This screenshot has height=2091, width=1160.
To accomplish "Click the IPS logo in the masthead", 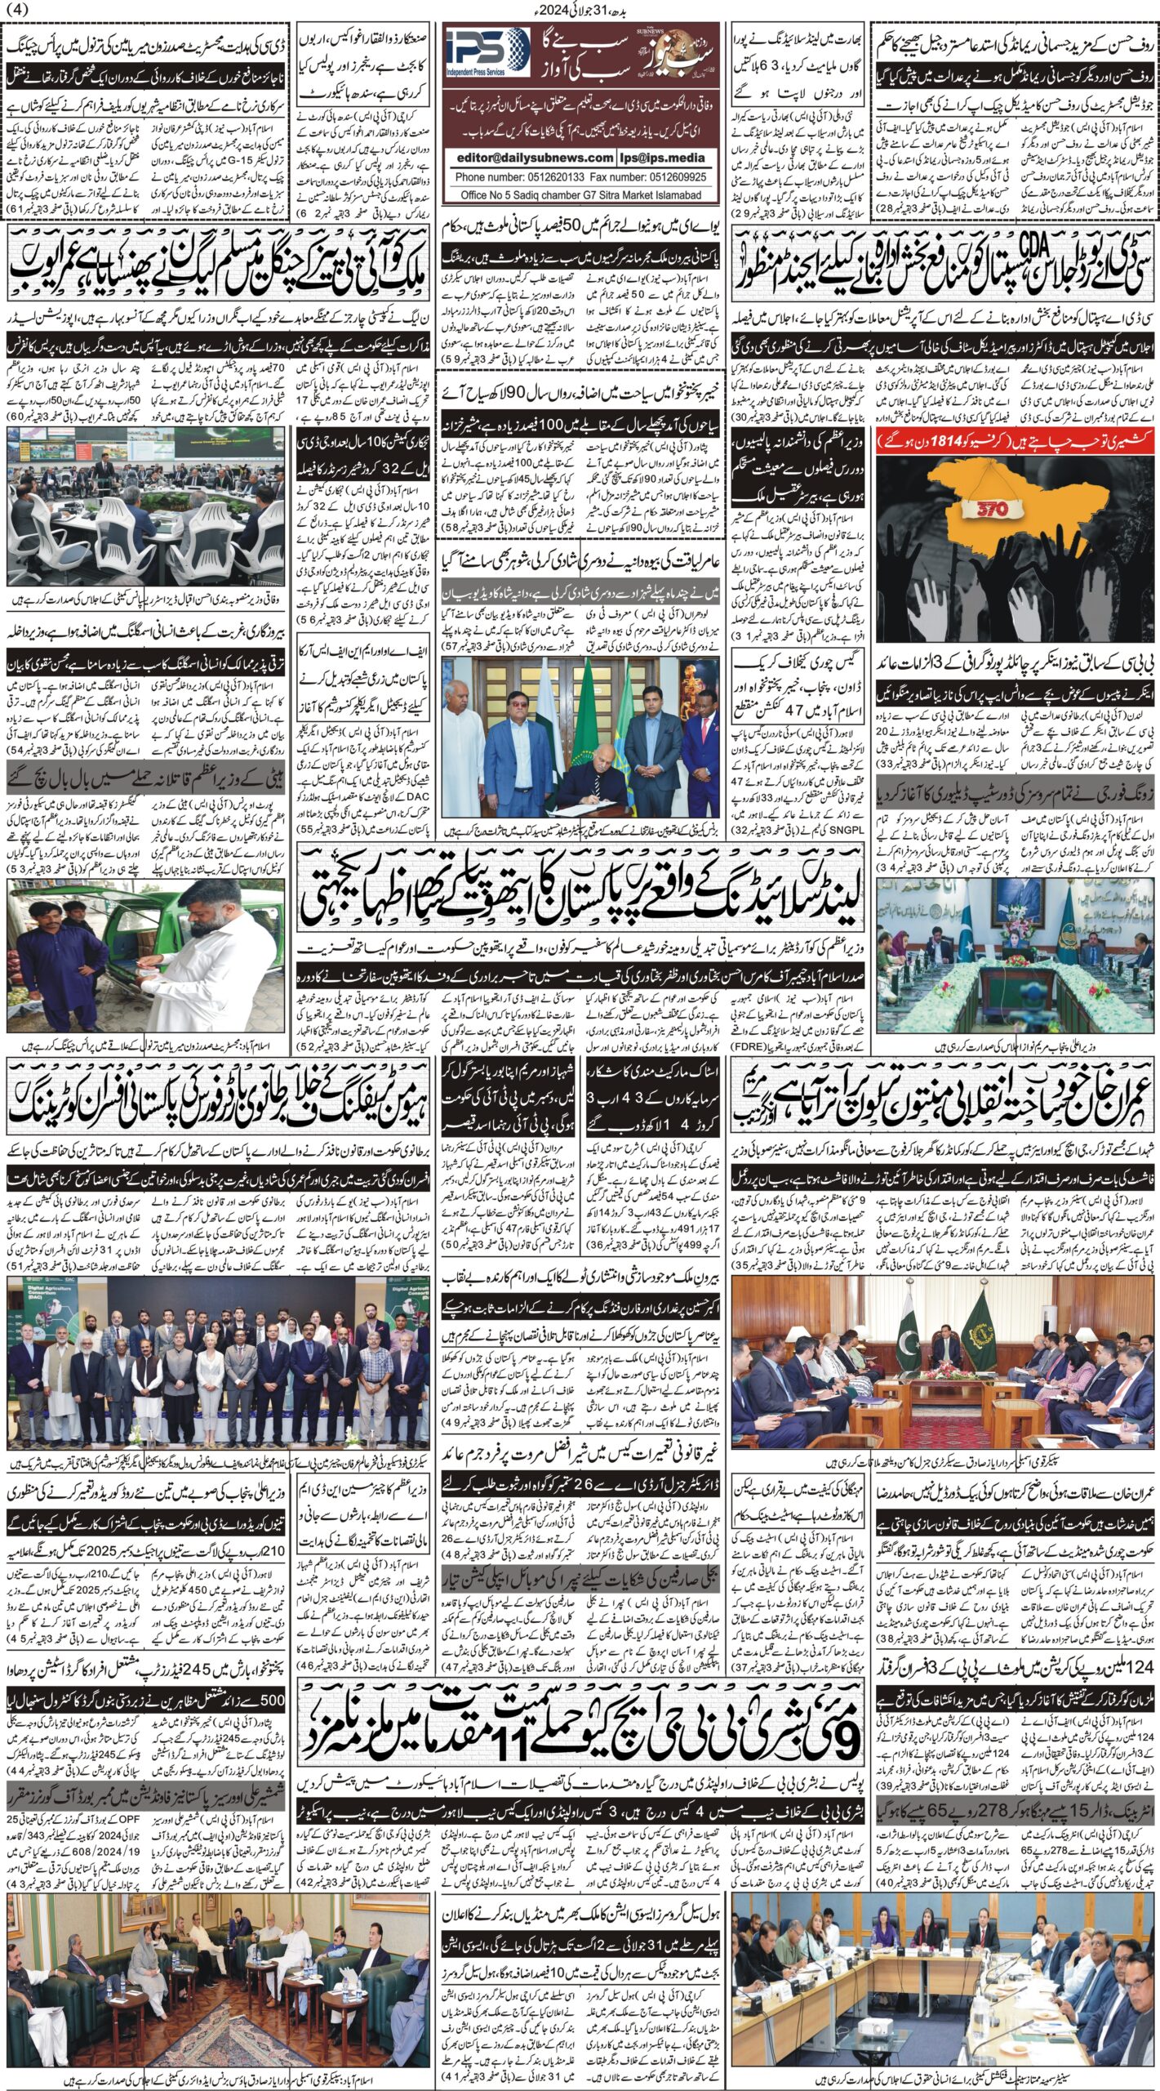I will pos(488,54).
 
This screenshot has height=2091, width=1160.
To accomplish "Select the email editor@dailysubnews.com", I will pos(534,158).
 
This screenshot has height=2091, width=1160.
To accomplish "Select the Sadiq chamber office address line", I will pos(580,195).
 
